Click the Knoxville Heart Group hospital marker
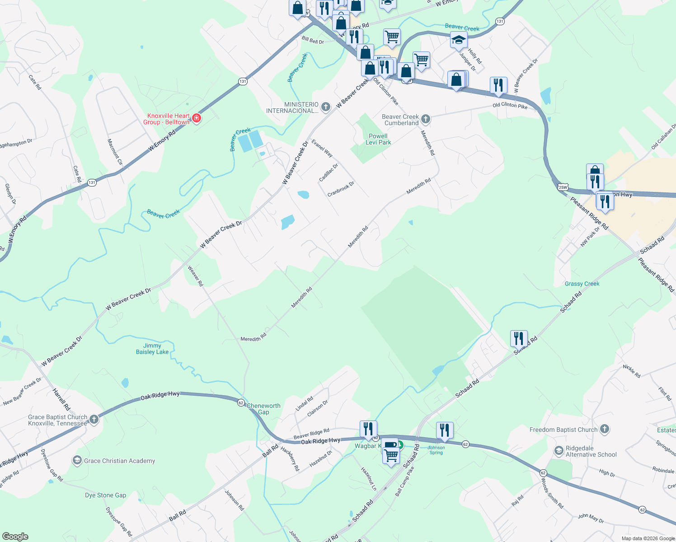tap(196, 118)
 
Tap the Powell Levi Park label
tap(378, 139)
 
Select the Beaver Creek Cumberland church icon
tap(425, 119)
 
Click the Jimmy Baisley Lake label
tap(152, 349)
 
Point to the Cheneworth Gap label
tap(263, 409)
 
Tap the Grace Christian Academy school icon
tap(77, 461)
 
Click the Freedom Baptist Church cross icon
tap(605, 429)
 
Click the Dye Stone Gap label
tap(106, 495)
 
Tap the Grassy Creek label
tap(582, 284)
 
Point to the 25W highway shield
tap(563, 187)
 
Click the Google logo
tap(15, 536)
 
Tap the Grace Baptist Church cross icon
tap(94, 420)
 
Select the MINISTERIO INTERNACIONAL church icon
tap(326, 107)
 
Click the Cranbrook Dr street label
tap(341, 189)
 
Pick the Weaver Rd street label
tap(196, 276)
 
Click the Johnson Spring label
tap(436, 450)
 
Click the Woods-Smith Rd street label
tap(552, 492)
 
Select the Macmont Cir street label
tap(115, 152)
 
